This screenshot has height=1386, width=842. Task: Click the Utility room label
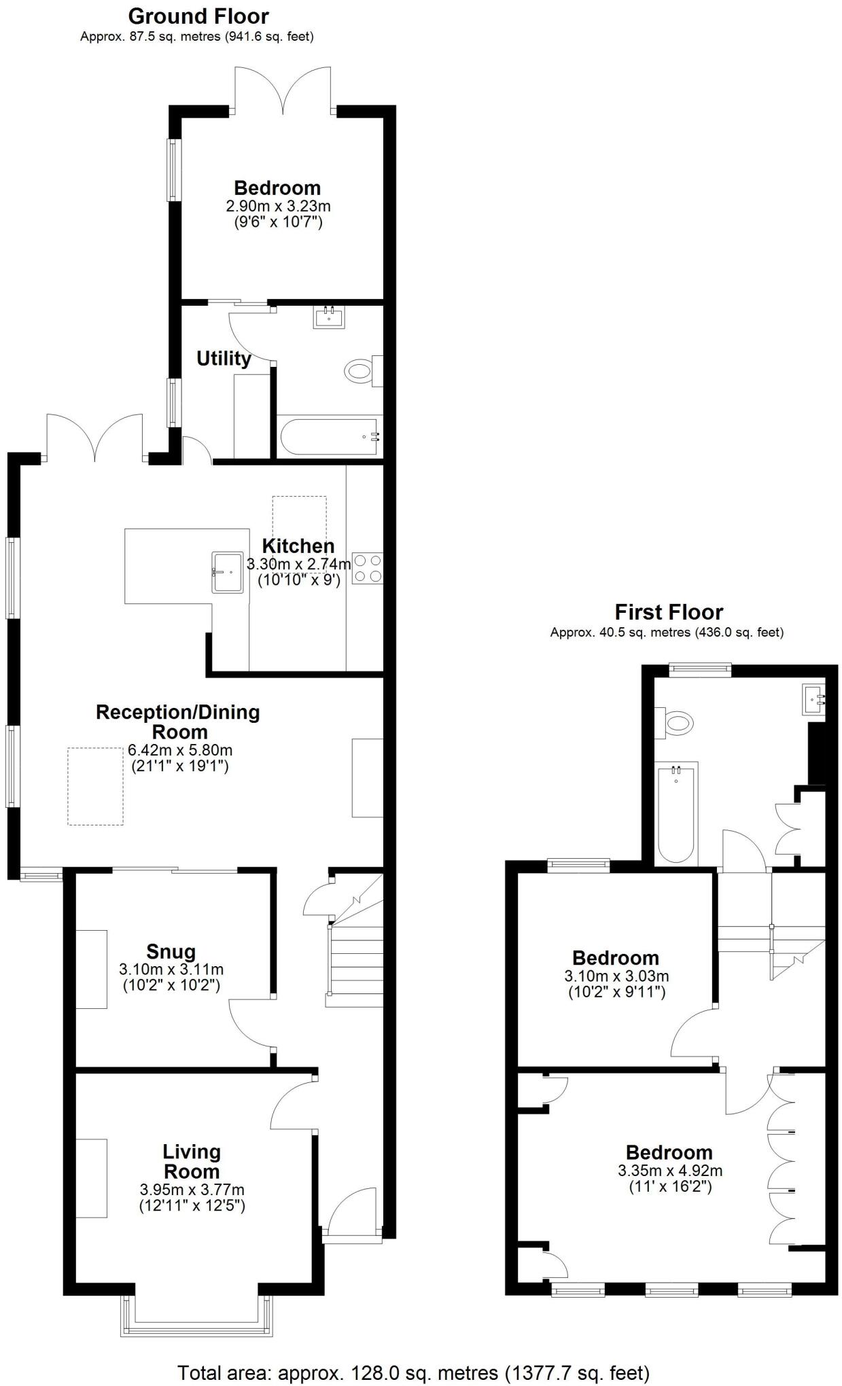tap(224, 358)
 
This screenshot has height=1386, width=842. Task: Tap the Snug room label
tap(171, 951)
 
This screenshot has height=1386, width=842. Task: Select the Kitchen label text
tap(298, 546)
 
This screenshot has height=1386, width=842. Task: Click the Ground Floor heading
tap(198, 16)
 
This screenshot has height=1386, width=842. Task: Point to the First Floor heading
tap(669, 611)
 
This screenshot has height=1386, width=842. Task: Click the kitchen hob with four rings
tap(368, 569)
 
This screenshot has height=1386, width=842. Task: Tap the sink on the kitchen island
tap(228, 571)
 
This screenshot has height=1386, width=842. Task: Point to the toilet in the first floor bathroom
tap(676, 722)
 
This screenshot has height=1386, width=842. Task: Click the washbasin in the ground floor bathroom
tap(330, 317)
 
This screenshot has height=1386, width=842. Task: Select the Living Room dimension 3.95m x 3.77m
tap(192, 1189)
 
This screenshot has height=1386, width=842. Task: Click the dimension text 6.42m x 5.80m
tap(180, 750)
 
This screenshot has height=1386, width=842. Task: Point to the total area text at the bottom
tap(413, 1368)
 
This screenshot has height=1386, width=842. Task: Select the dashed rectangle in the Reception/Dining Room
tap(95, 786)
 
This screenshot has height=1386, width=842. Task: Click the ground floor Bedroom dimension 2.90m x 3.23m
tap(278, 205)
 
